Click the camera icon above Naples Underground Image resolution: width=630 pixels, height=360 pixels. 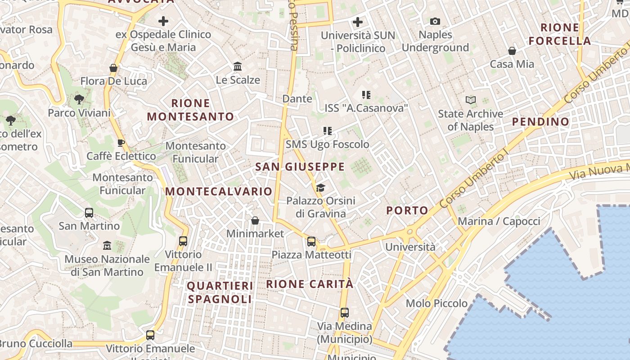click(435, 21)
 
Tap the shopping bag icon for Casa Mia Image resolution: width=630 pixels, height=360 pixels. click(512, 50)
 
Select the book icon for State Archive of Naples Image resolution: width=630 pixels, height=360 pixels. click(471, 100)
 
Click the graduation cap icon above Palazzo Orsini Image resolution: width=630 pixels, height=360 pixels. click(320, 187)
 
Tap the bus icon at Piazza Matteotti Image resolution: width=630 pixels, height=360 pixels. click(311, 242)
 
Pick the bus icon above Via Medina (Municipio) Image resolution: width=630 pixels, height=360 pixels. click(345, 313)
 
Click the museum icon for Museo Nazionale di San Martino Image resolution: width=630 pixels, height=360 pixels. click(107, 245)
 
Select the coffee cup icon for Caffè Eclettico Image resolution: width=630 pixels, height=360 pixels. click(121, 143)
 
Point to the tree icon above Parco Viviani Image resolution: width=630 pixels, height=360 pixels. click(79, 99)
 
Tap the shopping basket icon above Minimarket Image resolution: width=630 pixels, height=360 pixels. click(255, 220)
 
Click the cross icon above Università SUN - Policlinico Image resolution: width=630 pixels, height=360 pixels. click(358, 22)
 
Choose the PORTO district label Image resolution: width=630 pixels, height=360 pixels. click(407, 211)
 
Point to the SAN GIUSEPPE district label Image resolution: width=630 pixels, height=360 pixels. click(300, 167)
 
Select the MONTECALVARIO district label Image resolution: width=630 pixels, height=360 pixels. click(219, 191)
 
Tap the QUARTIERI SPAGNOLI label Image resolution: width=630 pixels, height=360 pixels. click(220, 292)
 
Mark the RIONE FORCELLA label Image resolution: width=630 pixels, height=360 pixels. click(559, 34)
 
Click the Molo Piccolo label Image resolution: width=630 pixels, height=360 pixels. click(436, 303)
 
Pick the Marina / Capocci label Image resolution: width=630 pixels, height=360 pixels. click(499, 221)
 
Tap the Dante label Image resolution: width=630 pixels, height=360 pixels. click(297, 99)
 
